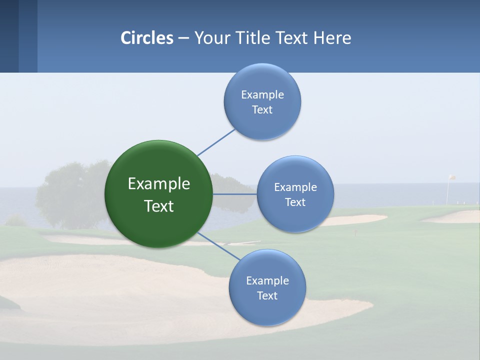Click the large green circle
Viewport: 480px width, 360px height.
point(158,194)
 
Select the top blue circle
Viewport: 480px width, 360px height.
point(262,101)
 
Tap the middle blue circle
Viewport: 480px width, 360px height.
point(295,194)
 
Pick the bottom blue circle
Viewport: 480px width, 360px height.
point(267,287)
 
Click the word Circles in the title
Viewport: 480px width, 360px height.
point(146,38)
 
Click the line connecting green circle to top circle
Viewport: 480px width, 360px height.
point(216,142)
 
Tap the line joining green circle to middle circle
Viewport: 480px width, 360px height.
point(234,194)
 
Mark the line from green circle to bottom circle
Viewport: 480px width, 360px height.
point(218,245)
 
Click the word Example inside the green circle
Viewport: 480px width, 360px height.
point(158,184)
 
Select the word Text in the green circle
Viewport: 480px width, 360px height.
point(158,206)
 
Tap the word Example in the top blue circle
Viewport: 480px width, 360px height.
point(262,94)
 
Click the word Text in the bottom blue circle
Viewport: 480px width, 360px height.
point(267,295)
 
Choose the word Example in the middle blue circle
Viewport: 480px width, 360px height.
point(295,187)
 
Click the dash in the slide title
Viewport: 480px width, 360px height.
point(183,38)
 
